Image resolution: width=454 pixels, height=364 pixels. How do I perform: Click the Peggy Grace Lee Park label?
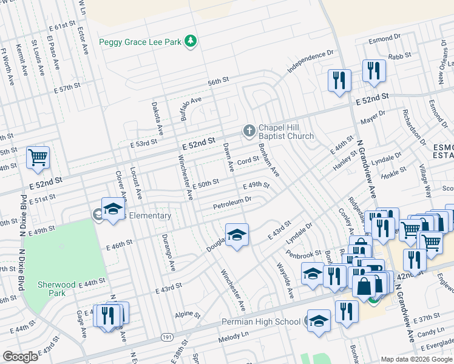[140, 42]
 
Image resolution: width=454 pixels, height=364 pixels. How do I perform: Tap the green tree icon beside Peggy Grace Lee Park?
[191, 41]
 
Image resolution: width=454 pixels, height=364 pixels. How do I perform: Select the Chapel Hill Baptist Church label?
[286, 132]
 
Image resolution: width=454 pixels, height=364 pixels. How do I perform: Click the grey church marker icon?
[248, 130]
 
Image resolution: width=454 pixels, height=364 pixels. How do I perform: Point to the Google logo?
[20, 357]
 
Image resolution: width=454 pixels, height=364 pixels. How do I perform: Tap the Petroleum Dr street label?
[232, 204]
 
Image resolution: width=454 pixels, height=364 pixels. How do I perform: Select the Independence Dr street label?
[311, 62]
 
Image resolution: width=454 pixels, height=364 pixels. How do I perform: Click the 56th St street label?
[217, 81]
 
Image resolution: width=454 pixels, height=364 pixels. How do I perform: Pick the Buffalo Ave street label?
[191, 107]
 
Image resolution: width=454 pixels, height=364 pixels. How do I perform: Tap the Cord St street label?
[248, 161]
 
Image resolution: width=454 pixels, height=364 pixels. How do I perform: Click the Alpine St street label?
[188, 315]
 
